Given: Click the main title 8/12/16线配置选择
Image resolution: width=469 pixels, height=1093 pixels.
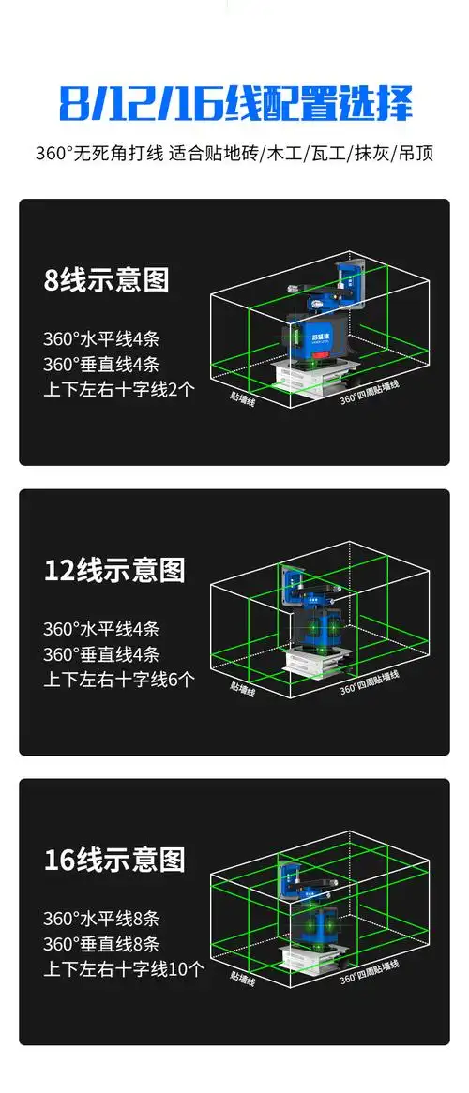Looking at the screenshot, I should (234, 103).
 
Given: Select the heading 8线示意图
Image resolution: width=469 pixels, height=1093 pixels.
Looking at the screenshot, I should (107, 280).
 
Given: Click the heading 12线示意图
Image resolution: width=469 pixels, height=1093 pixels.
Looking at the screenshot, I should (114, 570).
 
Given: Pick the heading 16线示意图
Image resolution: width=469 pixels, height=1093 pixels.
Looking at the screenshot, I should (114, 860).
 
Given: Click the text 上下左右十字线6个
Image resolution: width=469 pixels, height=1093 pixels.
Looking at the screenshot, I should (119, 680).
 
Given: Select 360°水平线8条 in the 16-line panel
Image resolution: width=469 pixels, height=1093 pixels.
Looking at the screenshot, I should (101, 919).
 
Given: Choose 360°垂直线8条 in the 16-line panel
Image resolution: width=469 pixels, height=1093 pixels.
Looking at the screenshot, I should (101, 944).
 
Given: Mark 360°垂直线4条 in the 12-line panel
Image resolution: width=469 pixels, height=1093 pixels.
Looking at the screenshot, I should (101, 654).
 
